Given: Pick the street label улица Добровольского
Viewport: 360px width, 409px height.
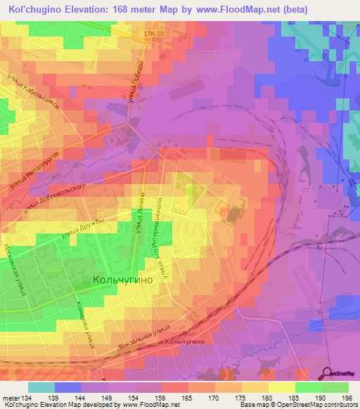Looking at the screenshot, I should click(53, 200).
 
